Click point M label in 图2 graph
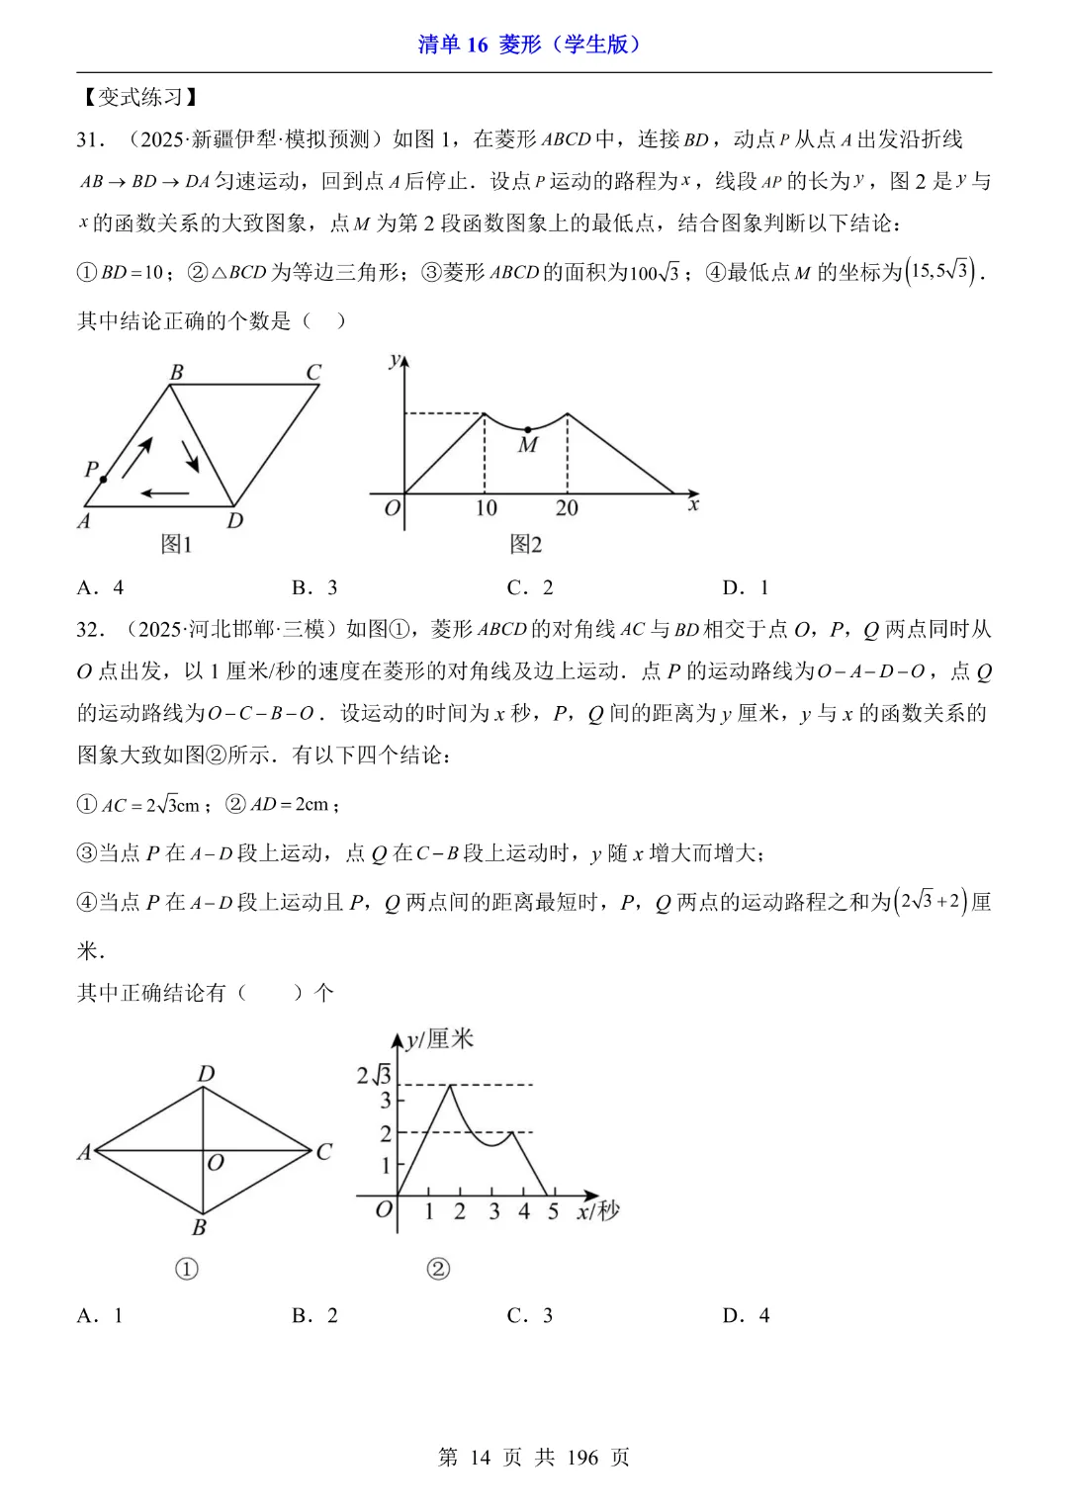pyautogui.click(x=528, y=446)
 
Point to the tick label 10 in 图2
pyautogui.click(x=486, y=508)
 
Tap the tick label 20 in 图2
pyautogui.click(x=567, y=508)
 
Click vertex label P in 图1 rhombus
pyautogui.click(x=92, y=469)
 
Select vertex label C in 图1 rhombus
pyautogui.click(x=313, y=373)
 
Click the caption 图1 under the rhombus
pyautogui.click(x=176, y=544)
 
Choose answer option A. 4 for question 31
pyautogui.click(x=100, y=587)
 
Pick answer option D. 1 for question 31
pyautogui.click(x=746, y=587)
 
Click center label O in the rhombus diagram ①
pyautogui.click(x=216, y=1163)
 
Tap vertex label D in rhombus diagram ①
pyautogui.click(x=206, y=1074)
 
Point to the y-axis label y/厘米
pyautogui.click(x=439, y=1039)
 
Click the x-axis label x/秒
pyautogui.click(x=598, y=1211)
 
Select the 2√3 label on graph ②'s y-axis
pyautogui.click(x=374, y=1075)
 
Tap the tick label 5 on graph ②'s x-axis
pyautogui.click(x=553, y=1211)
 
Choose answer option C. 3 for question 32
pyautogui.click(x=530, y=1315)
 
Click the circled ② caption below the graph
pyautogui.click(x=438, y=1269)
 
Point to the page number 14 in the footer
pyautogui.click(x=481, y=1457)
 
